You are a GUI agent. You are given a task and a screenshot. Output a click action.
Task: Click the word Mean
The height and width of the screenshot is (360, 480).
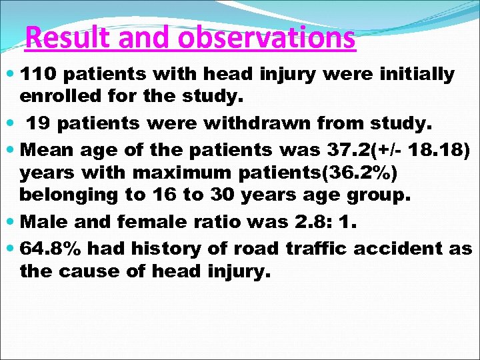point(46,149)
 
